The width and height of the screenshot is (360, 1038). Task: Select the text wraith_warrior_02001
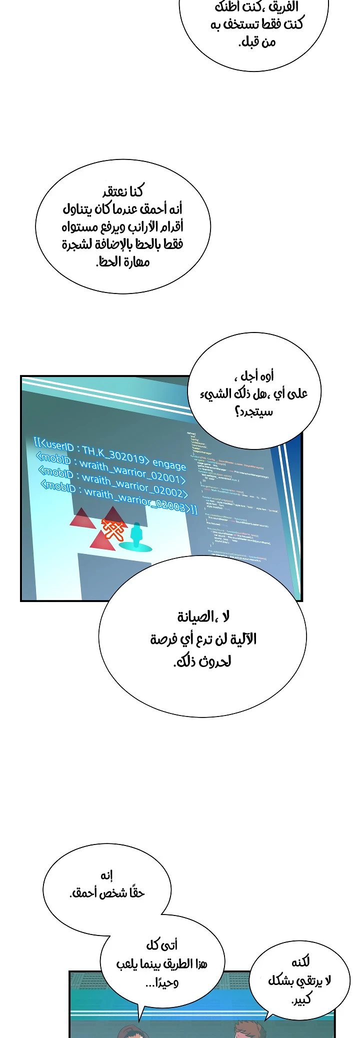point(132,472)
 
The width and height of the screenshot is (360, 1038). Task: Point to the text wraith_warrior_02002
point(135,486)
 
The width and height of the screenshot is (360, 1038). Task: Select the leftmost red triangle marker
point(82,520)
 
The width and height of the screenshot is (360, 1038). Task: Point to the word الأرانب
point(144,226)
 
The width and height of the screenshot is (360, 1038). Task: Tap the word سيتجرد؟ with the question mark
point(254,411)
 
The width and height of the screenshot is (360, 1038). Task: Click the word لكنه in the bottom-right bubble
point(300,961)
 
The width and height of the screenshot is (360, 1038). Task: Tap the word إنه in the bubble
point(106,875)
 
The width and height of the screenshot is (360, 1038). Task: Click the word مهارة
point(136,261)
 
